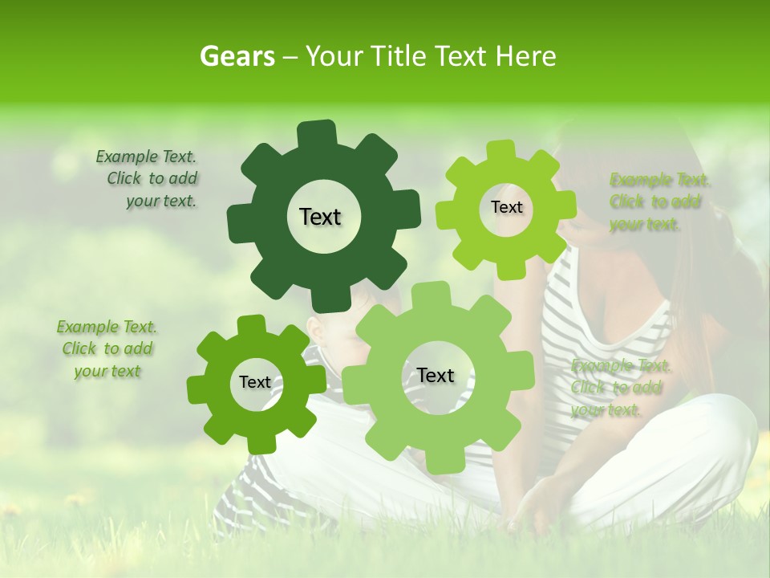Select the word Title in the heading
coord(398,56)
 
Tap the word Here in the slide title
coord(526,56)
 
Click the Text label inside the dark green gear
coord(320,217)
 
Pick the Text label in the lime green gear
coord(506,207)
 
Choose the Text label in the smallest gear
coord(255,382)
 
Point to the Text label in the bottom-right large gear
coord(435,375)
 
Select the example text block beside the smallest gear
coord(107,349)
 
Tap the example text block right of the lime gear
coord(659,202)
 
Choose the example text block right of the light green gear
coord(620,388)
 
